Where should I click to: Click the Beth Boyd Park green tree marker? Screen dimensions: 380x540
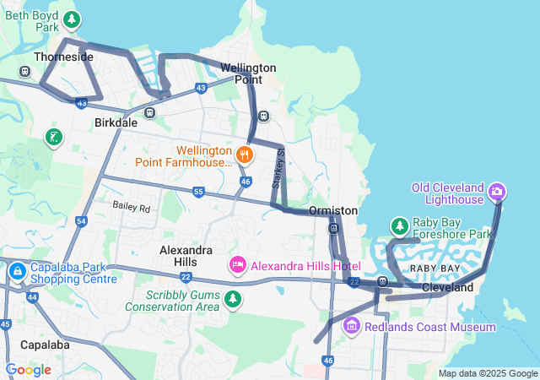pos(73,19)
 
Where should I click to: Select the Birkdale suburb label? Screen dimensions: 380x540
pos(115,122)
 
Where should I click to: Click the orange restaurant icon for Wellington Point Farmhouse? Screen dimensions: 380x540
pos(244,154)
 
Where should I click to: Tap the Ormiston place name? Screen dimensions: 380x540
pos(333,210)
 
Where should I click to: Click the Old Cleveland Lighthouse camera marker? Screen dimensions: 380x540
pos(497,192)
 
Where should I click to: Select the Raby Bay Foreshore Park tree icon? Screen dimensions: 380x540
pos(399,225)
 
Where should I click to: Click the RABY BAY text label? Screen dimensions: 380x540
pos(435,268)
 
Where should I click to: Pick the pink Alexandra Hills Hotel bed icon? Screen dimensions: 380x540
pos(238,266)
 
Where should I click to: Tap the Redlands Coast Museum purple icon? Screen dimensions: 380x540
pos(352,325)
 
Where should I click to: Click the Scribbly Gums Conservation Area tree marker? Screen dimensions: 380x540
pos(232,299)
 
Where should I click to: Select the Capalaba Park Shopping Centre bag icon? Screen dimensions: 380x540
pos(17,272)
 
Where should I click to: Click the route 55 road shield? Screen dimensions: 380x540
pos(197,193)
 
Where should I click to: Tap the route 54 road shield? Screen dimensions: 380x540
pos(81,221)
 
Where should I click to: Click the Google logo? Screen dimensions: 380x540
pos(28,370)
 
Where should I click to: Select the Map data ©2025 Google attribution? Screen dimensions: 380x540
pos(488,373)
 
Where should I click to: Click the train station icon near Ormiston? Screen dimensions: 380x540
pos(334,228)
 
